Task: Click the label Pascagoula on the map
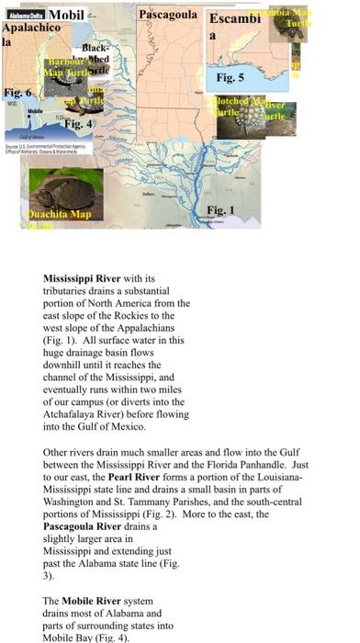[170, 17]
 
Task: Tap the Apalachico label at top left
[25, 29]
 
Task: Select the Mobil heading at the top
[65, 15]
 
